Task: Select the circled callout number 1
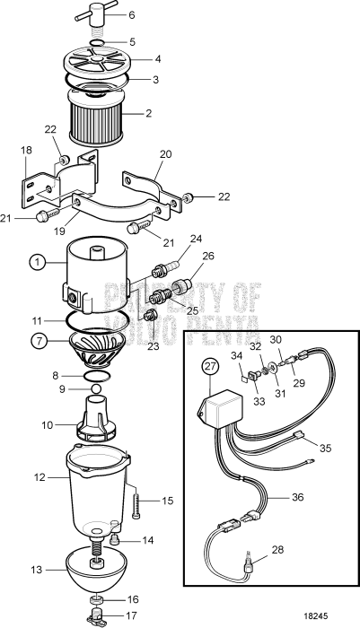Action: tap(36, 263)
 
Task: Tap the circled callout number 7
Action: tap(36, 341)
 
